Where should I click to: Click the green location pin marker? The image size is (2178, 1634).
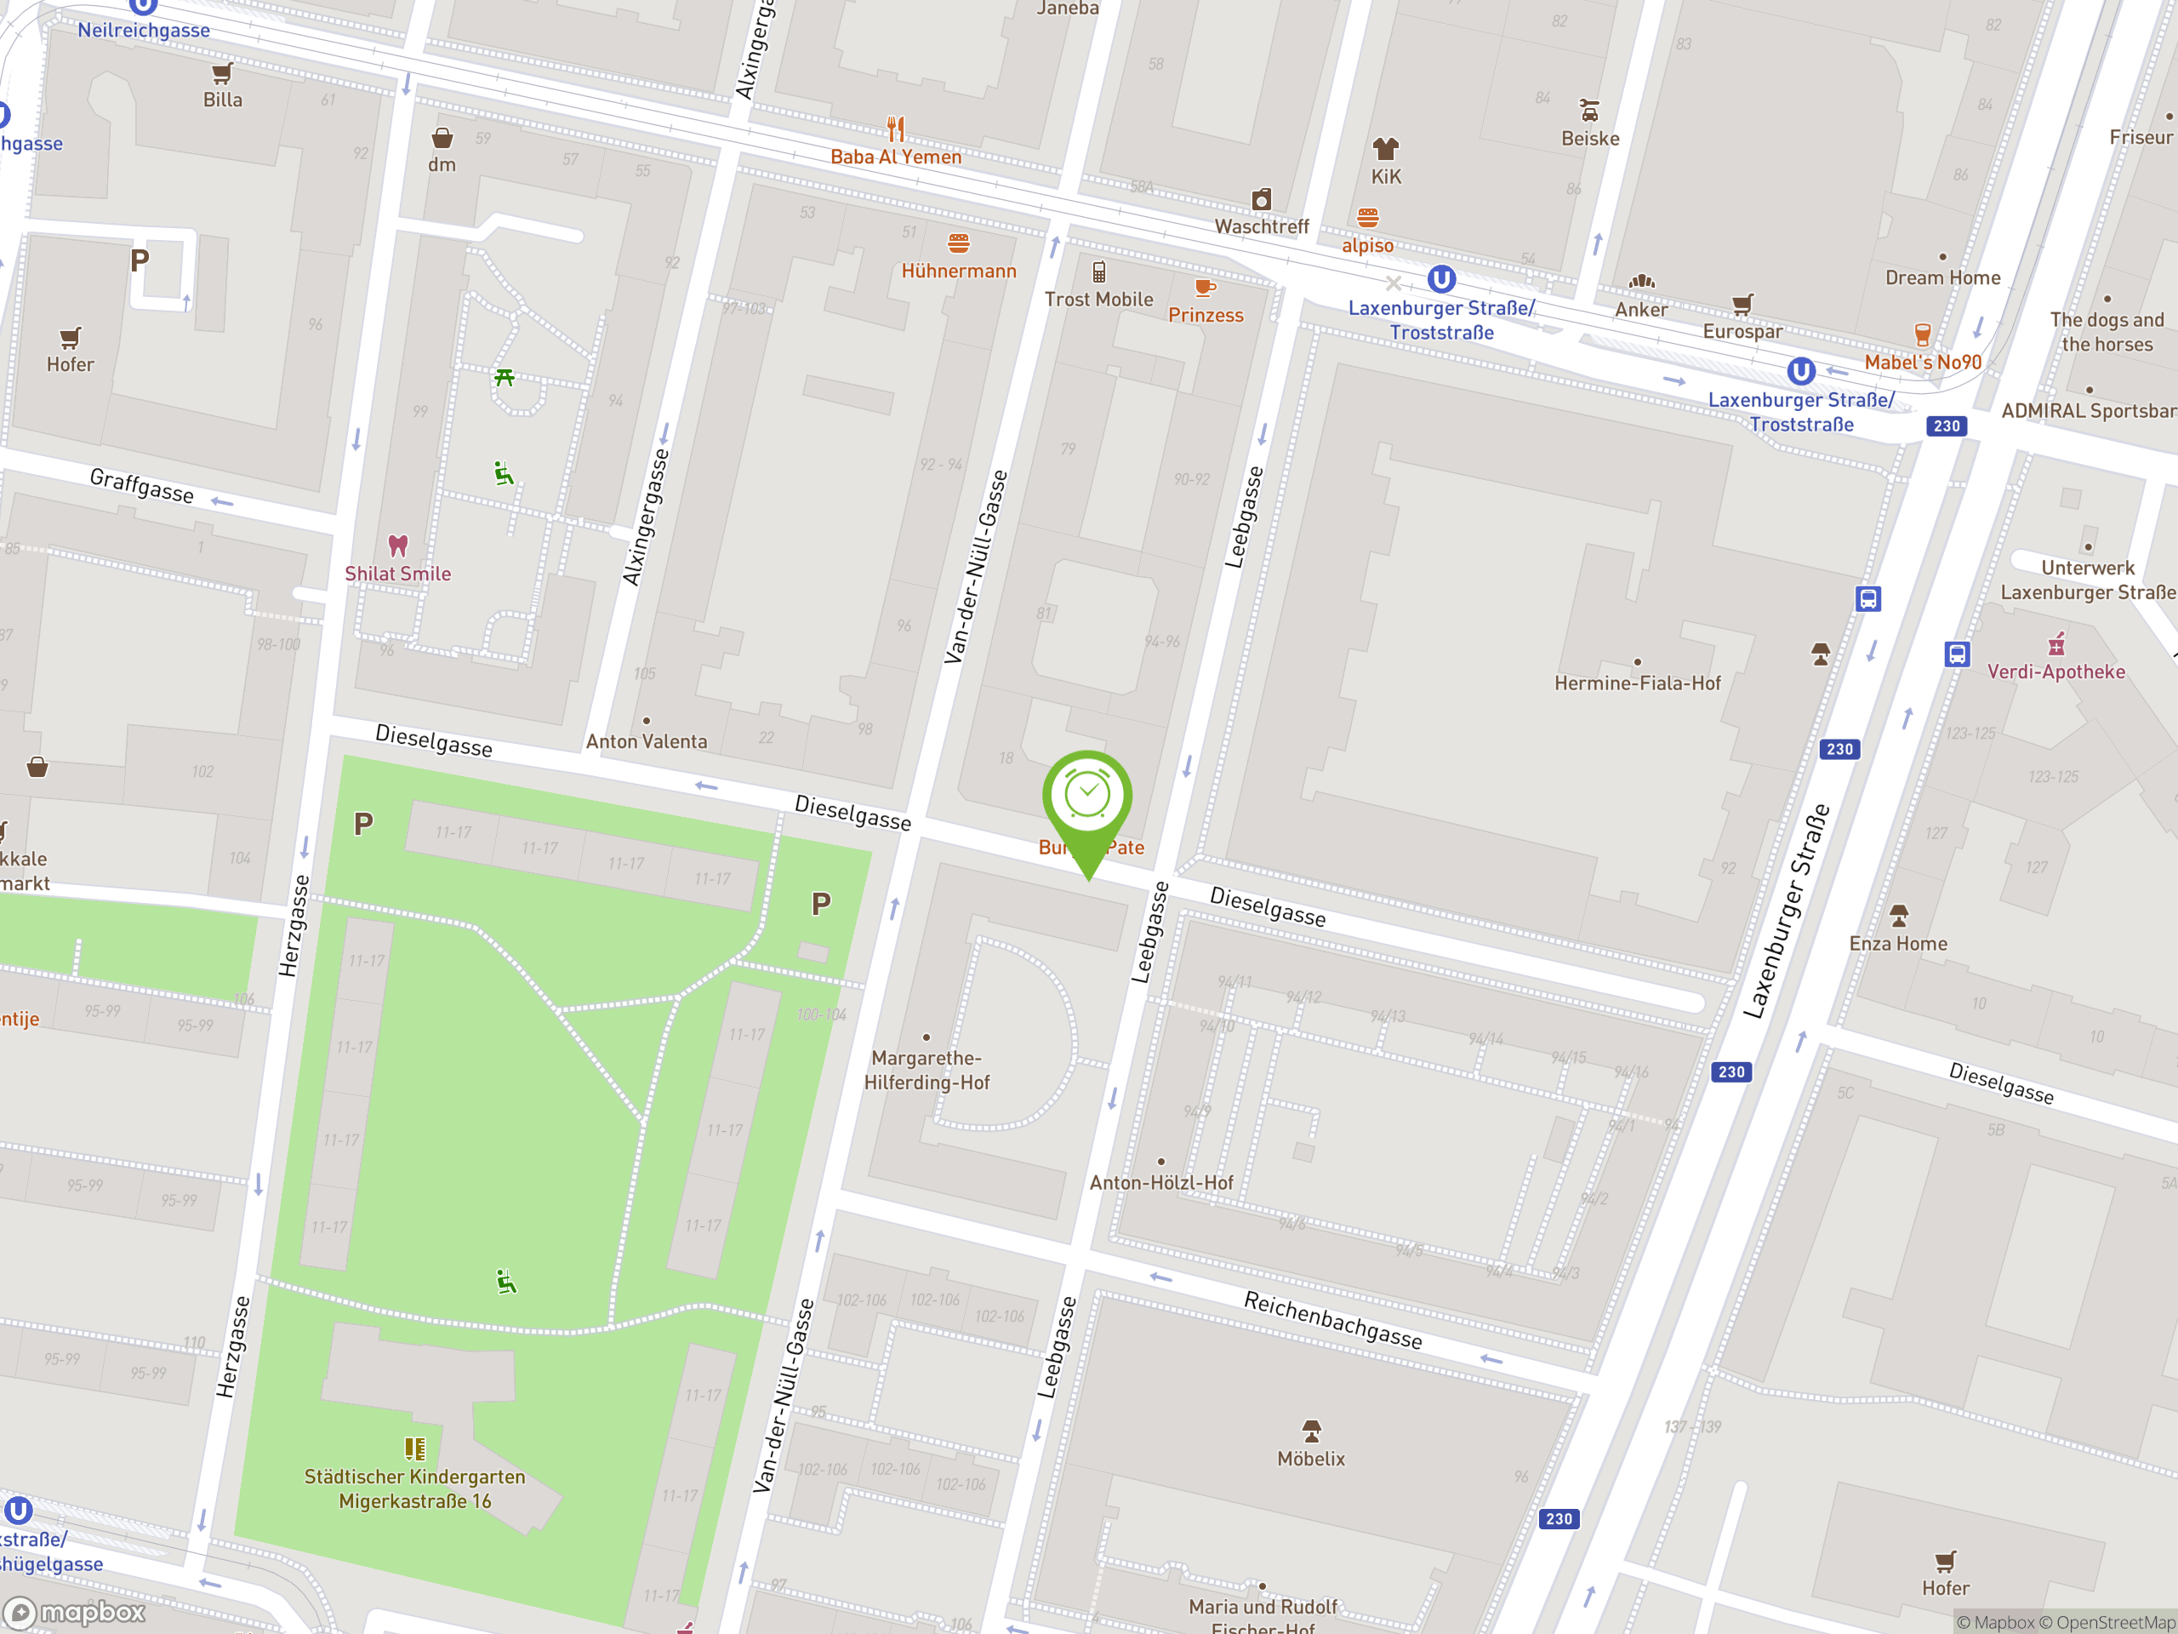pos(1087,800)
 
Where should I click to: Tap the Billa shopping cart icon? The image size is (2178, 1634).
pos(223,74)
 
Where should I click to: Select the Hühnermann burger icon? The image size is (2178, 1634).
pos(958,243)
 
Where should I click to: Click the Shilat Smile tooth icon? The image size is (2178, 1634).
pos(398,545)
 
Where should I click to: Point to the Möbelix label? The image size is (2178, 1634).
pos(1310,1459)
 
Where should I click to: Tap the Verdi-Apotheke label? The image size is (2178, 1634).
pos(2055,671)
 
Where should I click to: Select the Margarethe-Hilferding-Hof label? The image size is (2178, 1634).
pos(927,1071)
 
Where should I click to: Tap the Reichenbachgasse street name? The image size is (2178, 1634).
pos(1332,1320)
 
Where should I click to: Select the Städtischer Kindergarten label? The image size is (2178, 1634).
pos(414,1488)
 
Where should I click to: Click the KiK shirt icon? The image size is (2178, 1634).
pos(1385,149)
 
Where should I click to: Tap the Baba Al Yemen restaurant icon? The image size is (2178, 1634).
pos(895,129)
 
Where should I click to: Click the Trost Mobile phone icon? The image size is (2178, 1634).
pos(1099,271)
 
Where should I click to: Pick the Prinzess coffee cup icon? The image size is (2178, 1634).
pos(1204,288)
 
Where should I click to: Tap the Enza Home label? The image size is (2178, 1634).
pos(1897,944)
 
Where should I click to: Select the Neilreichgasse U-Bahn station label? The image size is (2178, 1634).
pos(144,30)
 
